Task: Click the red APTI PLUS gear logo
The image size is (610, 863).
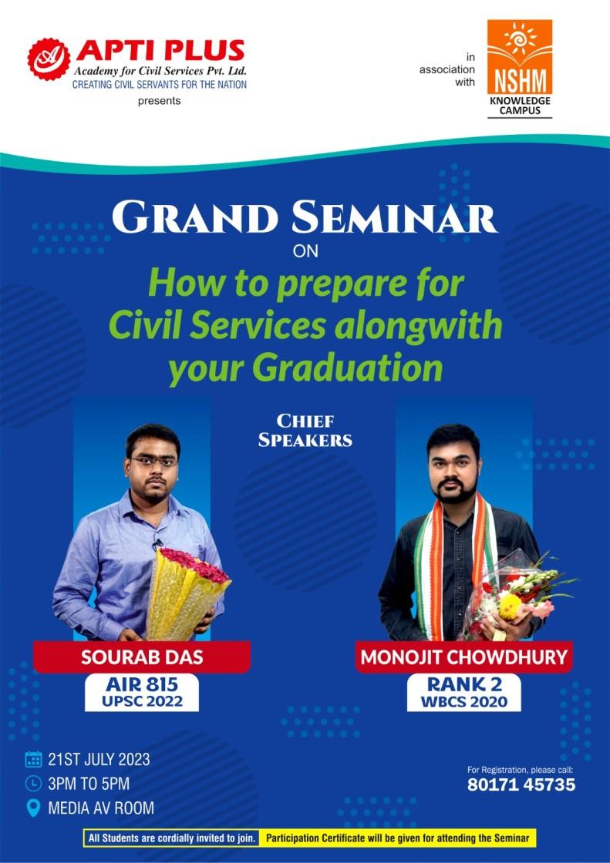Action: tap(49, 59)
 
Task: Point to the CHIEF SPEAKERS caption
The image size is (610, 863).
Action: tap(305, 431)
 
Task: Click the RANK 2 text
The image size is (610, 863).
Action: tap(464, 683)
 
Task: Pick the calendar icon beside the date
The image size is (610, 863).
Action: tap(33, 759)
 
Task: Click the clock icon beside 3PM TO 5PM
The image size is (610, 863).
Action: tap(33, 784)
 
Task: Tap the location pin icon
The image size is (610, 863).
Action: tap(33, 808)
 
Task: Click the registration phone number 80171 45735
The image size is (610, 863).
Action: tap(521, 785)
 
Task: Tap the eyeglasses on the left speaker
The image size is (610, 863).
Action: tap(154, 462)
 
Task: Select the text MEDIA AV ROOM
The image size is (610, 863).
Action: tap(101, 808)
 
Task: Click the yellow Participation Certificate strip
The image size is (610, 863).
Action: tap(397, 838)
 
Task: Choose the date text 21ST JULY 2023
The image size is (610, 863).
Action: tap(99, 759)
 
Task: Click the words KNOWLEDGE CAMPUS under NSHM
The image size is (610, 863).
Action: tap(519, 106)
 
